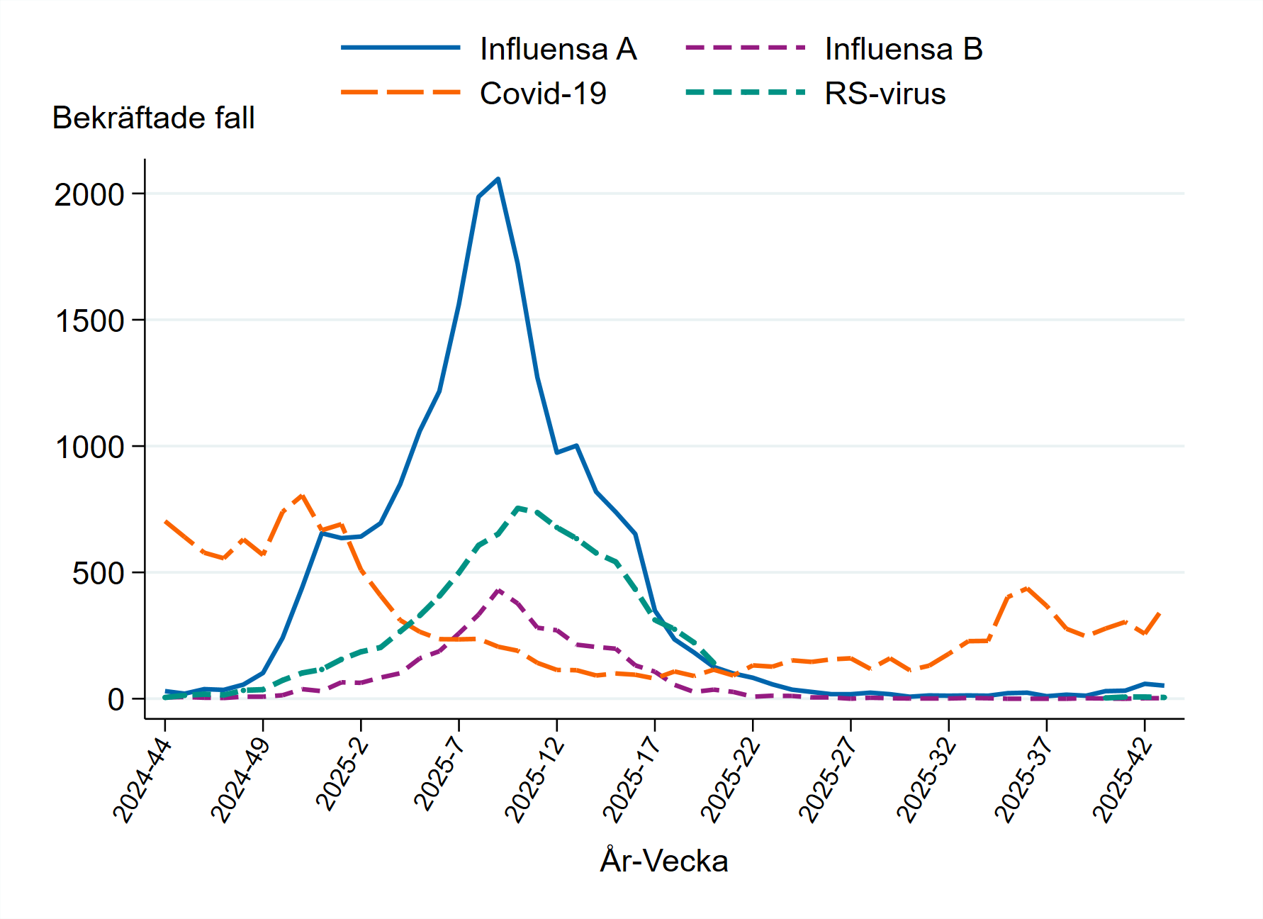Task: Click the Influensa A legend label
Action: [x=558, y=49]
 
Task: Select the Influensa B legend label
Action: [x=904, y=49]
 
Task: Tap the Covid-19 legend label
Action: [x=543, y=94]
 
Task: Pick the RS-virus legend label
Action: [x=885, y=94]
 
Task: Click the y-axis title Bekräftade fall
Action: [x=153, y=118]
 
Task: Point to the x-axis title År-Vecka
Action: [x=664, y=861]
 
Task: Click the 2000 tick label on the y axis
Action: [x=89, y=194]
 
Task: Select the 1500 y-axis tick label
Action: [x=89, y=321]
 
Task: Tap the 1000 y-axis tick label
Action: [x=89, y=447]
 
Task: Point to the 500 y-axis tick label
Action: [x=98, y=573]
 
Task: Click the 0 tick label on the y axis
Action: [x=116, y=699]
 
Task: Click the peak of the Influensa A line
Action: [x=498, y=179]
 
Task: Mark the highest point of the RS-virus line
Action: [x=519, y=508]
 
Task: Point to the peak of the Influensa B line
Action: [x=499, y=590]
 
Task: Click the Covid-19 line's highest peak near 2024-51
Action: [x=303, y=495]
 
